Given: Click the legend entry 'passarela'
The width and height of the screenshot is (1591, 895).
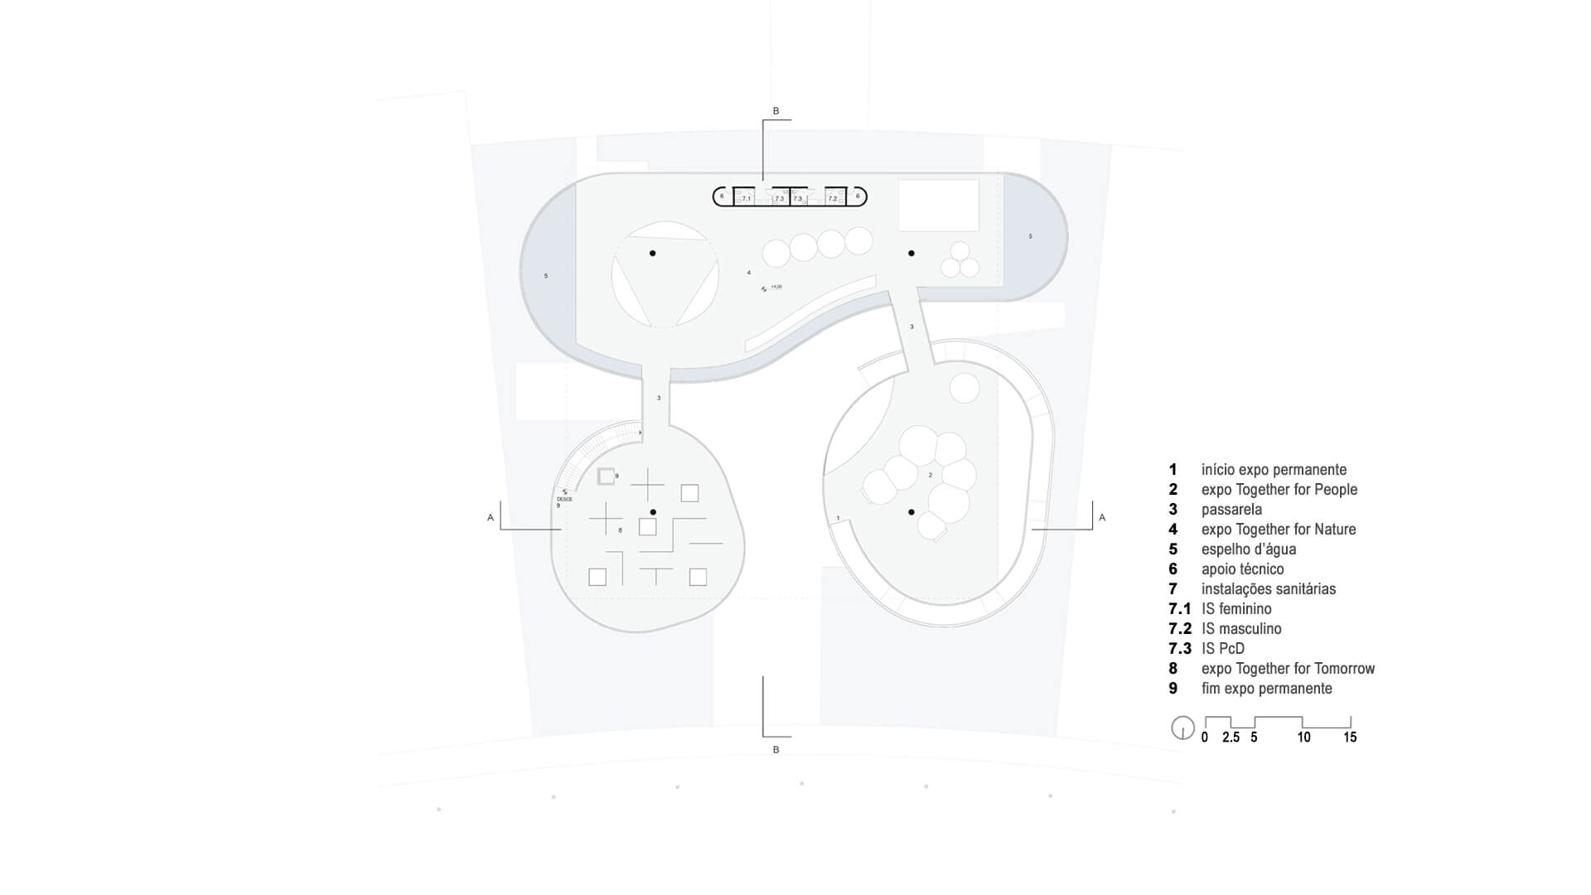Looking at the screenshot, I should point(1231,510).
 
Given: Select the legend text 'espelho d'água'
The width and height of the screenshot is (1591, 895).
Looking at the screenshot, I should point(1249,549).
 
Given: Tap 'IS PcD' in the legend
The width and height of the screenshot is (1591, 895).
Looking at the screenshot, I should point(1223,649).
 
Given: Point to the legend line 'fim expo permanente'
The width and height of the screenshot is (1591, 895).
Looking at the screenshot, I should point(1266,689).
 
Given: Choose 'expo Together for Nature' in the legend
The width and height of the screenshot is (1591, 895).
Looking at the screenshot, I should point(1279,530).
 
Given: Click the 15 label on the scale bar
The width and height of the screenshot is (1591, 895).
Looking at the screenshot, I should point(1350,738).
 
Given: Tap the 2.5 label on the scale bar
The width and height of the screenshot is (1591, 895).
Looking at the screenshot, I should point(1231,738).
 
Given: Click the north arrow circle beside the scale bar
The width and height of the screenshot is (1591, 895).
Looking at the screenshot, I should point(1182,728).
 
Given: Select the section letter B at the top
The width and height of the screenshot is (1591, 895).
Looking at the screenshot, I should point(776,111).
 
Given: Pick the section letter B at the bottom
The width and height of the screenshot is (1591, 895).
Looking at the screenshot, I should point(776,750).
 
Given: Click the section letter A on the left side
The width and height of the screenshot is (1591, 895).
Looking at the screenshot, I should point(491,518).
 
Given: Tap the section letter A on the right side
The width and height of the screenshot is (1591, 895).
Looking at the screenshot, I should point(1101,518).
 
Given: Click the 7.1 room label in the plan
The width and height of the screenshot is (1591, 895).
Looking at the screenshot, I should point(747,199).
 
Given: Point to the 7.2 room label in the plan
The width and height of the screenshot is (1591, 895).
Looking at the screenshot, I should point(833,199).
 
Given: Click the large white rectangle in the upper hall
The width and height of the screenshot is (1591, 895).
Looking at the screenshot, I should point(939,205).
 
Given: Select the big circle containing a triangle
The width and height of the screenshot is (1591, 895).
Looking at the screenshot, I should point(665,274).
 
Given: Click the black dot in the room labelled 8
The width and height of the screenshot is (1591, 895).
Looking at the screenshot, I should point(653,512).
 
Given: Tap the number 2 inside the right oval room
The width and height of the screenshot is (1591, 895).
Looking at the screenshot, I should point(931,475).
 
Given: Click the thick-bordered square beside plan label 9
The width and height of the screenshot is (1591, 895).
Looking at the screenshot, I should point(606,476).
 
